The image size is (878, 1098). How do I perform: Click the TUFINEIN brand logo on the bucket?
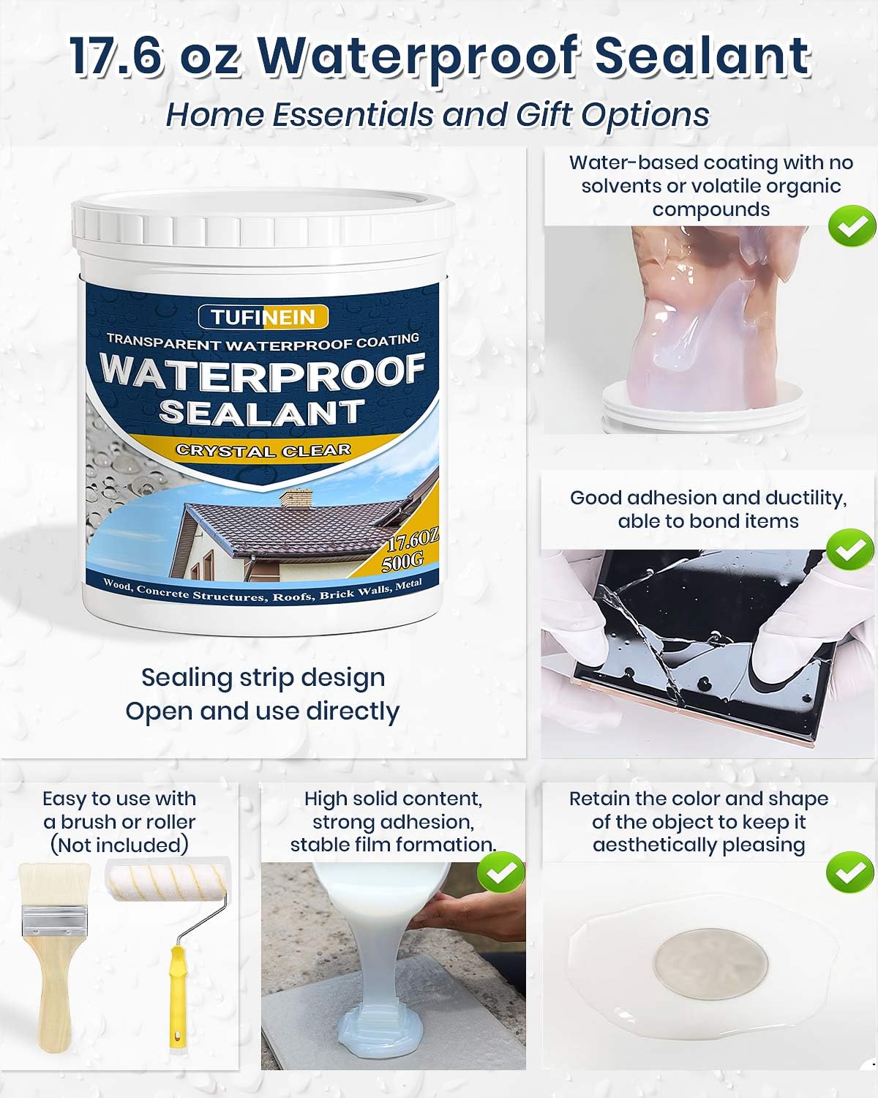click(263, 317)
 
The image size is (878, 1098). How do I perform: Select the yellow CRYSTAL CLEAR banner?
click(263, 450)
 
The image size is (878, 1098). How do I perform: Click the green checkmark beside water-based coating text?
click(852, 226)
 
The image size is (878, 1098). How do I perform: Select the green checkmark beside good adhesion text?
click(849, 550)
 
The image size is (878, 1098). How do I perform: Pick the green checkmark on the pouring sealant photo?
click(500, 873)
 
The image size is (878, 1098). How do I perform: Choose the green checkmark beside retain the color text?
click(849, 873)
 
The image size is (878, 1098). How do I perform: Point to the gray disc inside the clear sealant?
click(710, 959)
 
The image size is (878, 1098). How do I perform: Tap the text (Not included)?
click(119, 845)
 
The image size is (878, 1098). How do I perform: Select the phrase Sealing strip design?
click(263, 677)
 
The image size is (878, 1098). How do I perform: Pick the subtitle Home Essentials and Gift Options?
click(438, 115)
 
